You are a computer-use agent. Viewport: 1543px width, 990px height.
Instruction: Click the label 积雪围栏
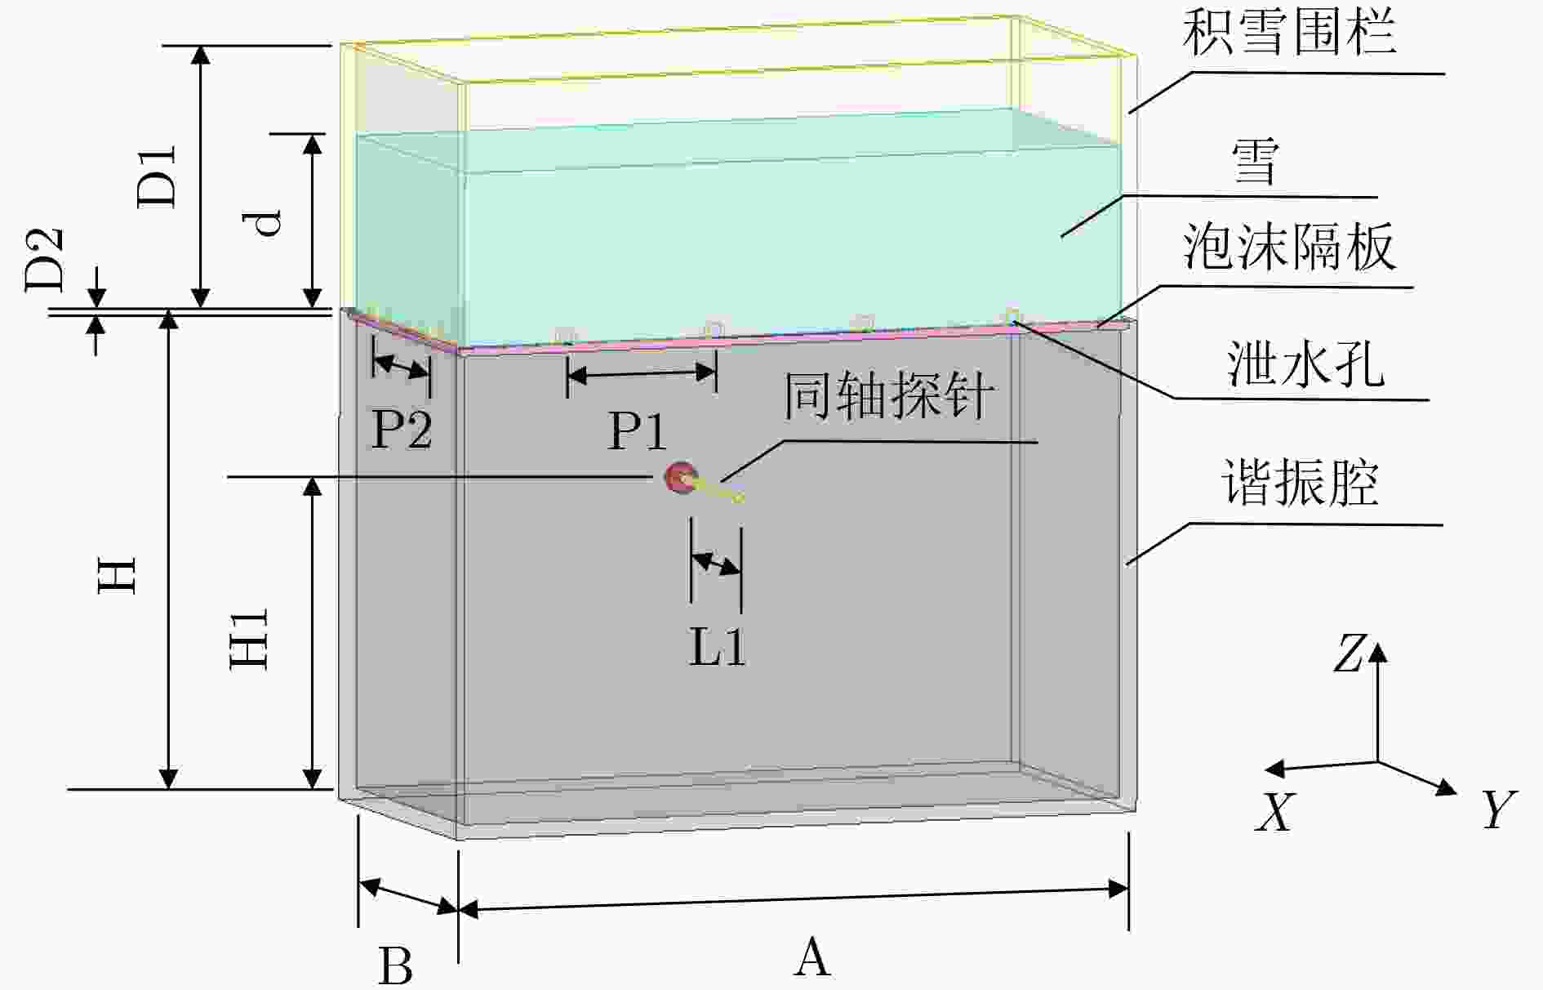click(x=1289, y=34)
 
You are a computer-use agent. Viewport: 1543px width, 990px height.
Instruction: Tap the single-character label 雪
click(x=1254, y=162)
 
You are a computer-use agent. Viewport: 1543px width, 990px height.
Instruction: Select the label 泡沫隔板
click(x=1289, y=247)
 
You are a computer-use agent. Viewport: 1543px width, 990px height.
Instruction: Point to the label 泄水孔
click(x=1305, y=363)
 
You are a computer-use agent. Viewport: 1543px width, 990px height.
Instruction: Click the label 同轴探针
click(x=889, y=396)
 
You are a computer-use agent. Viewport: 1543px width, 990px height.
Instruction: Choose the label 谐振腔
click(x=1300, y=483)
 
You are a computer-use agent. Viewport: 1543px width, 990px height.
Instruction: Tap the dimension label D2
click(x=43, y=259)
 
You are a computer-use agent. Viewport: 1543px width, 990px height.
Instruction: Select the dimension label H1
click(x=248, y=639)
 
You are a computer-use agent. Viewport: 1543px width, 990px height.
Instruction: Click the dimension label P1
click(x=638, y=430)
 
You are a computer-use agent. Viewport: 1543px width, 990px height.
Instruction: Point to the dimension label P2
click(x=401, y=430)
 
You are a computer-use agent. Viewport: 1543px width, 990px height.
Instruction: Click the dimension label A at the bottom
click(x=812, y=957)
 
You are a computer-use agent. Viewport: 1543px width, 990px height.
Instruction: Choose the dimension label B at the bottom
click(x=395, y=965)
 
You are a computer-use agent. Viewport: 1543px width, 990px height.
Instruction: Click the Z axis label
click(x=1349, y=654)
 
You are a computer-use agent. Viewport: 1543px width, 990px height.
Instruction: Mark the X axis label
click(x=1275, y=812)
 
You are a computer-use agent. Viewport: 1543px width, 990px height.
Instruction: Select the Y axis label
click(x=1499, y=809)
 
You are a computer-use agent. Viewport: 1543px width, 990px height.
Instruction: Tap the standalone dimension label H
click(x=118, y=574)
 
